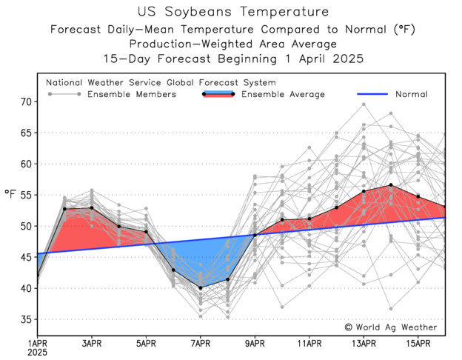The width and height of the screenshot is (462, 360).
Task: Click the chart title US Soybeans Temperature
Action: click(230, 12)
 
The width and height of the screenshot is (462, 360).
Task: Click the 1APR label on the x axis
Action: click(38, 342)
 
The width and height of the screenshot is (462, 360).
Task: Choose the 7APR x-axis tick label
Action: click(201, 342)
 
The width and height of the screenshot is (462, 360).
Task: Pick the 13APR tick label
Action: click(364, 342)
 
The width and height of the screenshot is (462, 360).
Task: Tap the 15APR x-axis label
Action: click(418, 342)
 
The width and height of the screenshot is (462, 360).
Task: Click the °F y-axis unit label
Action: click(10, 194)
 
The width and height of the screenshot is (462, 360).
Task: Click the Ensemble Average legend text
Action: click(284, 94)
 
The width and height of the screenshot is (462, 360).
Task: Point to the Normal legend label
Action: click(411, 94)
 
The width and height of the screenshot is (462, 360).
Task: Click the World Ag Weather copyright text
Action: click(391, 327)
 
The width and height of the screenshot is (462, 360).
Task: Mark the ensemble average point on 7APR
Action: click(201, 288)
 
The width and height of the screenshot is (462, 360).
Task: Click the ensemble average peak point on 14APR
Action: click(391, 185)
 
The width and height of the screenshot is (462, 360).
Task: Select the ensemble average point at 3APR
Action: click(92, 207)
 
